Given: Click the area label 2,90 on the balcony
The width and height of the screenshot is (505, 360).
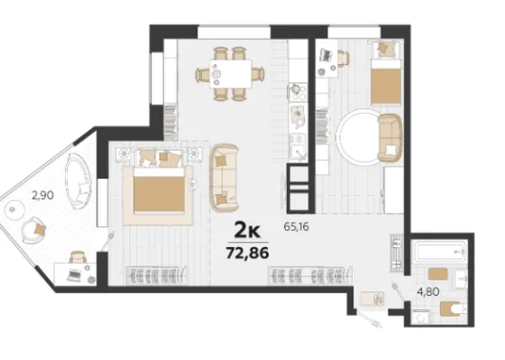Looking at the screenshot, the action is click(x=42, y=195).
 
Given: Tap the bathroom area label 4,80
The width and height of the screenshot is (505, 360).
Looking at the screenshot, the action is click(x=428, y=292).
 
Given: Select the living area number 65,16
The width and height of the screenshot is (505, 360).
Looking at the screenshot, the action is click(x=296, y=226).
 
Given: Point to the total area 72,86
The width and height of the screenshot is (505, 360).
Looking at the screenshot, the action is click(x=247, y=253).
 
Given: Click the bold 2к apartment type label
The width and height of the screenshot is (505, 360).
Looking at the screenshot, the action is click(x=247, y=230).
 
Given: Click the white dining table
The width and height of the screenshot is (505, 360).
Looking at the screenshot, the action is click(x=231, y=74).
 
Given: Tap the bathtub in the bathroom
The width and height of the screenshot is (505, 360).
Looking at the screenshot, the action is click(x=440, y=252).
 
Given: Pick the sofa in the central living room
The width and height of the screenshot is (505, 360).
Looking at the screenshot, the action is click(x=225, y=178).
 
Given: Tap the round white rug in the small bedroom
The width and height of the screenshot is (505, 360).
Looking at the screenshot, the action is click(x=359, y=138).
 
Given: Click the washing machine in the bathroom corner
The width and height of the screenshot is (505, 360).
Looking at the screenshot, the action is click(x=421, y=318).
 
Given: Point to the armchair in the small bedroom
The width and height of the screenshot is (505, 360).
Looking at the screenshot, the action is click(x=390, y=138).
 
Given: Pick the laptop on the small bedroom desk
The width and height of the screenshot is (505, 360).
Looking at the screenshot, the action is click(x=326, y=54).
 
